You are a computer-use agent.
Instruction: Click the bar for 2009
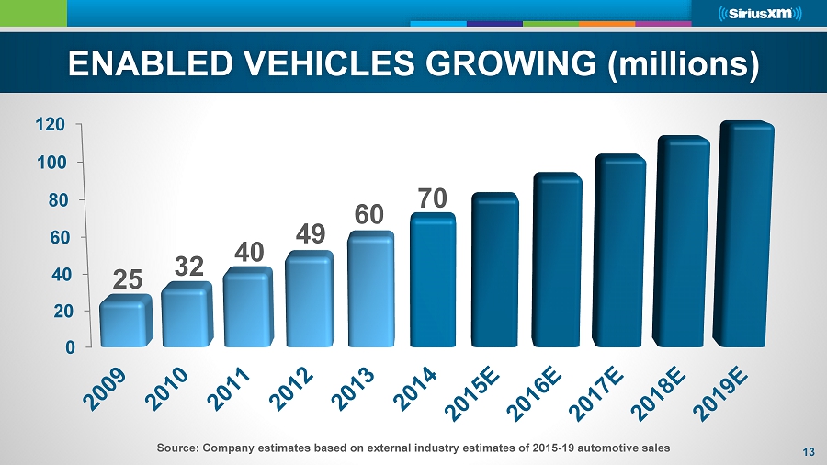(125, 322)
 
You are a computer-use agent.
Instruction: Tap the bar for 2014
(433, 280)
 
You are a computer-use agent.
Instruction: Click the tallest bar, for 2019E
(745, 234)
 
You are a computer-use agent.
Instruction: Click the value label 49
(312, 235)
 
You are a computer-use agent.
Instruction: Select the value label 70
(433, 198)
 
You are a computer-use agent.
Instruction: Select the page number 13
(809, 451)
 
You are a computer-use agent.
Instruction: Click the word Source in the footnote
(178, 447)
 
